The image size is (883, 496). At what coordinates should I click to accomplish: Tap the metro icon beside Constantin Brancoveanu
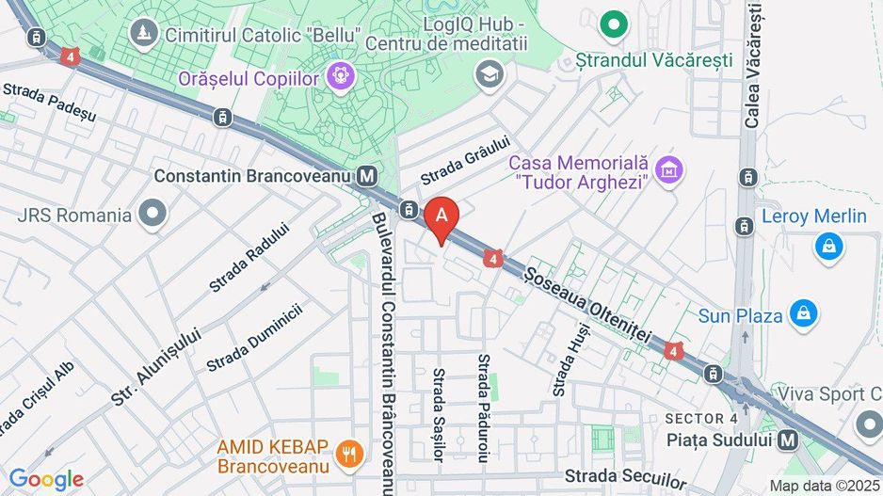pos(368,176)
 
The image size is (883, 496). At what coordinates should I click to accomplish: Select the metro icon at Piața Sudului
pos(788,439)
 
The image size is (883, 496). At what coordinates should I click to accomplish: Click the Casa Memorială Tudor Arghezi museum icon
pos(670,170)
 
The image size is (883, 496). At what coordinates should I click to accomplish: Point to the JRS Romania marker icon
pos(151,215)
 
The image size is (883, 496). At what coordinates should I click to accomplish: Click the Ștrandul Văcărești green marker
pos(615,24)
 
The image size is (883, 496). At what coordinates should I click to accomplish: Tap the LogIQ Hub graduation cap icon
pos(490,73)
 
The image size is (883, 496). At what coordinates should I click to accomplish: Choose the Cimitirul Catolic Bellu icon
pos(143,35)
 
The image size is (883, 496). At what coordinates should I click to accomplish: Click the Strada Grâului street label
pos(465,161)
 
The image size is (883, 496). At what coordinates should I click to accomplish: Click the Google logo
pos(46,479)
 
